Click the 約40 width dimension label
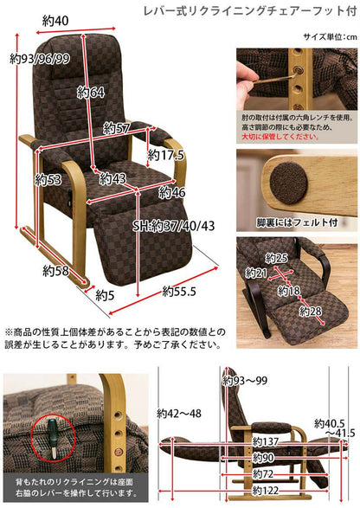point(55,21)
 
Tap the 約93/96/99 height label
point(40,59)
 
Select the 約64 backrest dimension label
point(91,93)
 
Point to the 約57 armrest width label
point(117,129)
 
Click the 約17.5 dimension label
point(165,155)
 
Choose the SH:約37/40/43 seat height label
point(174,226)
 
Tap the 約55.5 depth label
point(179,292)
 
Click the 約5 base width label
point(105,295)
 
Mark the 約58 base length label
point(55,271)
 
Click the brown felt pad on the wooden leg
point(289,183)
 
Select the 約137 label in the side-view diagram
point(266,441)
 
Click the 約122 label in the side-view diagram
point(266,490)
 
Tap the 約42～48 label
point(179,414)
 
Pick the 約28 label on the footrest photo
point(311,312)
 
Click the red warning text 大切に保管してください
point(280,137)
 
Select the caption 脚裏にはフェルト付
point(297,222)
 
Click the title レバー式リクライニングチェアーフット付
point(250,10)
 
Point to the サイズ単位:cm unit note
point(331,36)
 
